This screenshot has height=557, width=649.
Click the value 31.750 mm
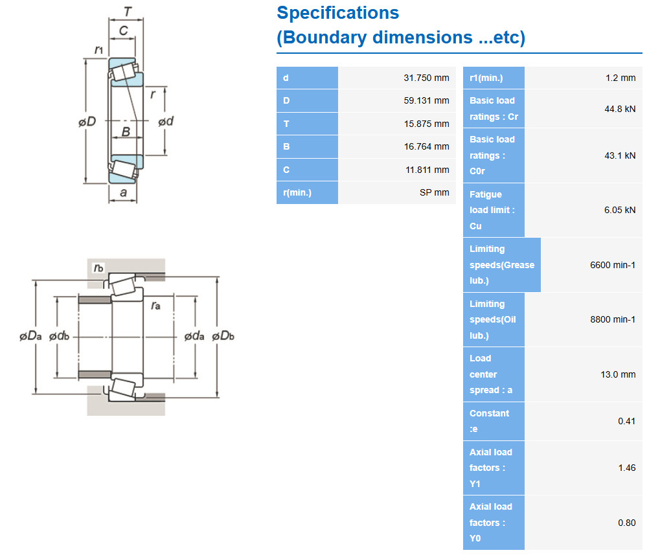coord(426,78)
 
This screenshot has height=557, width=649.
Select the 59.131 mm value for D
coord(426,100)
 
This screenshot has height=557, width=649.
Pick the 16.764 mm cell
coord(426,146)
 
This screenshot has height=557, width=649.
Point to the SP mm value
coord(434,192)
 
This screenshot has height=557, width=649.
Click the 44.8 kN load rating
coord(620,109)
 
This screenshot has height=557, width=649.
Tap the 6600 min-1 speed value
coord(613,265)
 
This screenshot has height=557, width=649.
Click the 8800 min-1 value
coord(613,319)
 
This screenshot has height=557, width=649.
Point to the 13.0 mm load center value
coord(618,374)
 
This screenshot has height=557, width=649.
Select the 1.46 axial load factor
coord(626,468)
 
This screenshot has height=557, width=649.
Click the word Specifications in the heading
coord(337,13)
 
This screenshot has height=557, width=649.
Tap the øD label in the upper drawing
coord(87,122)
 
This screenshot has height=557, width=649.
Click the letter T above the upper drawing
coord(128,12)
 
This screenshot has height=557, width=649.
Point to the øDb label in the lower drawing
coord(223,335)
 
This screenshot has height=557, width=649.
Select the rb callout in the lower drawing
coord(98,267)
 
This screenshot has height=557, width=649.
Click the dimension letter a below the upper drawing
coord(123,193)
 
